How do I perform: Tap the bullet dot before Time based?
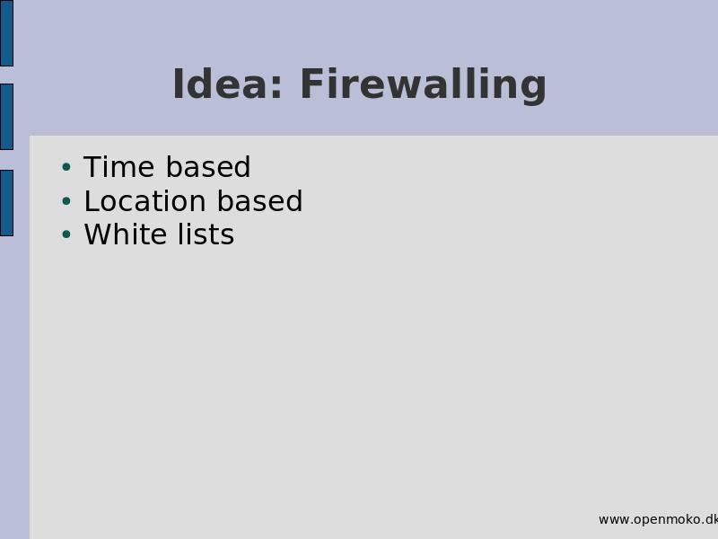click(66, 167)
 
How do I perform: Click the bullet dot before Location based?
click(66, 200)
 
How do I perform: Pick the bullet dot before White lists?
click(66, 234)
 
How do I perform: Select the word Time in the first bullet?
click(119, 166)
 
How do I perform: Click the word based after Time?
click(208, 166)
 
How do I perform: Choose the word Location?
click(144, 200)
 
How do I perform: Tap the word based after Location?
click(259, 200)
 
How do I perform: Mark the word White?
click(126, 234)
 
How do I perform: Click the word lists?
click(206, 234)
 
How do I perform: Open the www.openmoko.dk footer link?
click(658, 520)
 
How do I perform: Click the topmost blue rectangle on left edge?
click(6, 33)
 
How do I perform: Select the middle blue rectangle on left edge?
click(6, 117)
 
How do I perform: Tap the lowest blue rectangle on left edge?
click(6, 203)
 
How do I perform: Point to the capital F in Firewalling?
click(311, 84)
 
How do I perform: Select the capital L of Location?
click(92, 200)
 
